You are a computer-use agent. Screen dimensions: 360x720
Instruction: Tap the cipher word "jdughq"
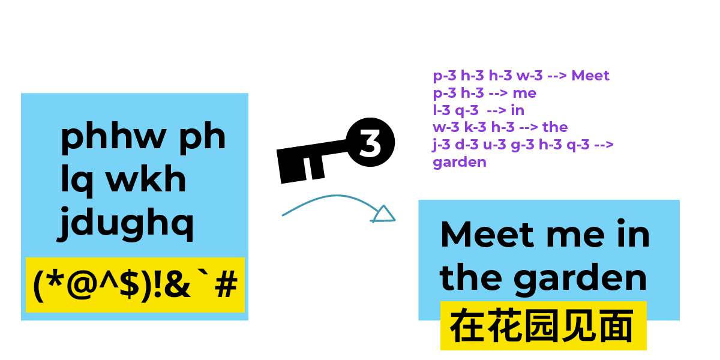pyautogui.click(x=127, y=224)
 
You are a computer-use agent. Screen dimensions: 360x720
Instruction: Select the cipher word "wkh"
pyautogui.click(x=146, y=180)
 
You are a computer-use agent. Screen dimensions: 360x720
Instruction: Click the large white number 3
pyautogui.click(x=370, y=145)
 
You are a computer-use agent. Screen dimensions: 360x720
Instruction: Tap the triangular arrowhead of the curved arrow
pyautogui.click(x=383, y=214)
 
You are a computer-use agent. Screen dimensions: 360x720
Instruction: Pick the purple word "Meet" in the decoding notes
pyautogui.click(x=590, y=76)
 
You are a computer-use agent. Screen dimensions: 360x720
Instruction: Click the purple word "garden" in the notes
pyautogui.click(x=460, y=162)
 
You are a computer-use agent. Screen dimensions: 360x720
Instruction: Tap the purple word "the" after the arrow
pyautogui.click(x=555, y=127)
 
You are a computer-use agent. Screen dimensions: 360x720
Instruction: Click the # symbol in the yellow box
pyautogui.click(x=226, y=286)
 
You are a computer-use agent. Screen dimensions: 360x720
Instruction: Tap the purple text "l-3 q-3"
pyautogui.click(x=455, y=110)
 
